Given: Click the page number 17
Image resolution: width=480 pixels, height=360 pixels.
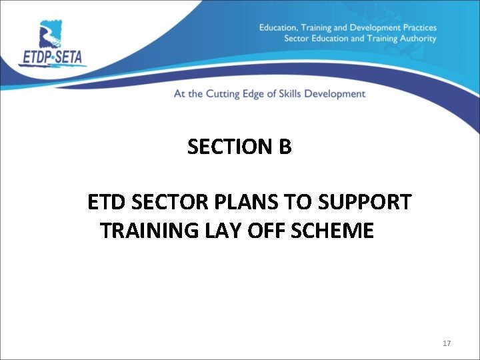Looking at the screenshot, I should click(x=447, y=343).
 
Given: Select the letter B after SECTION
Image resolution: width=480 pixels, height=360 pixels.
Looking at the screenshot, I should click(x=285, y=147).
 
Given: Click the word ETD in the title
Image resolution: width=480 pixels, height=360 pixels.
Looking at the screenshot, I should click(x=101, y=202).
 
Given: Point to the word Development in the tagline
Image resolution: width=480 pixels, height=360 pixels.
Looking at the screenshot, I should click(x=342, y=94).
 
